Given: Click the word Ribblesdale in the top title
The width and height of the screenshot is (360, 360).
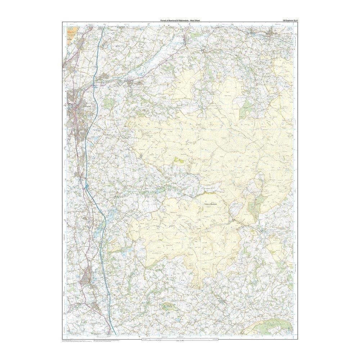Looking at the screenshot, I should point(183,21).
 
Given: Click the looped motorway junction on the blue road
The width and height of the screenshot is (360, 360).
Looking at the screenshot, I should point(87,186).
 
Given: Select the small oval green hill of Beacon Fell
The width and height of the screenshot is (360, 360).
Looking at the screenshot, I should point(168,306).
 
